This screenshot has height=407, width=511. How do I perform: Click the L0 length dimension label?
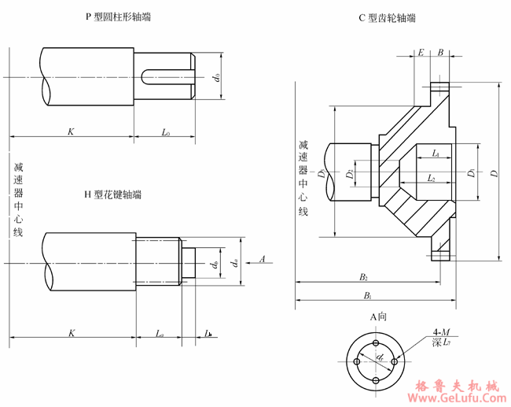pyautogui.click(x=166, y=132)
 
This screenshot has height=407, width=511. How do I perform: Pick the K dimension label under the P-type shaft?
pyautogui.click(x=71, y=131)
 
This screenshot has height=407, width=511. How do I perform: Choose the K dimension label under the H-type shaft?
pyautogui.click(x=71, y=333)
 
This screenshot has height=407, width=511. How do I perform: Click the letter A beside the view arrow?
pyautogui.click(x=262, y=258)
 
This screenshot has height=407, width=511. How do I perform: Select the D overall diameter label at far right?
pyautogui.click(x=494, y=171)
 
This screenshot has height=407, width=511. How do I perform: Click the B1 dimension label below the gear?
pyautogui.click(x=367, y=295)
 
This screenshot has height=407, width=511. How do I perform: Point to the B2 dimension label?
pyautogui.click(x=364, y=276)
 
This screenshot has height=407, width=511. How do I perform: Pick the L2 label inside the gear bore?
pyautogui.click(x=432, y=179)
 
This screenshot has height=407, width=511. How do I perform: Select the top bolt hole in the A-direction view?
pyautogui.click(x=377, y=344)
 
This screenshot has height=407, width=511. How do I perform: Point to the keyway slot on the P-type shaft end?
pyautogui.click(x=167, y=76)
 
